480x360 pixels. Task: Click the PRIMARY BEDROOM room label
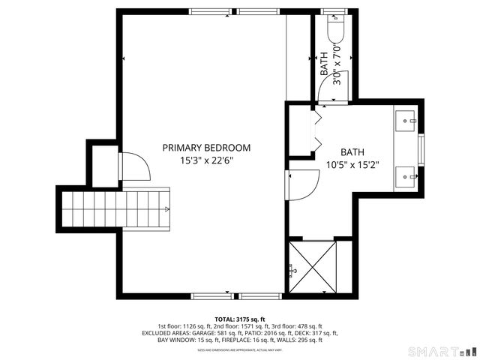point(206,148)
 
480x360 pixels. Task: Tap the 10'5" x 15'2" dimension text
point(352,164)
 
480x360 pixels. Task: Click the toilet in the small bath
point(335,31)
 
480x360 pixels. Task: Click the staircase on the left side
point(118,208)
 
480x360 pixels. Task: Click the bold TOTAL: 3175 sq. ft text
point(239,319)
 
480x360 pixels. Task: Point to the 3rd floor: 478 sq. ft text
point(295,326)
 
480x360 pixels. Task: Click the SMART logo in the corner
point(442,351)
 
